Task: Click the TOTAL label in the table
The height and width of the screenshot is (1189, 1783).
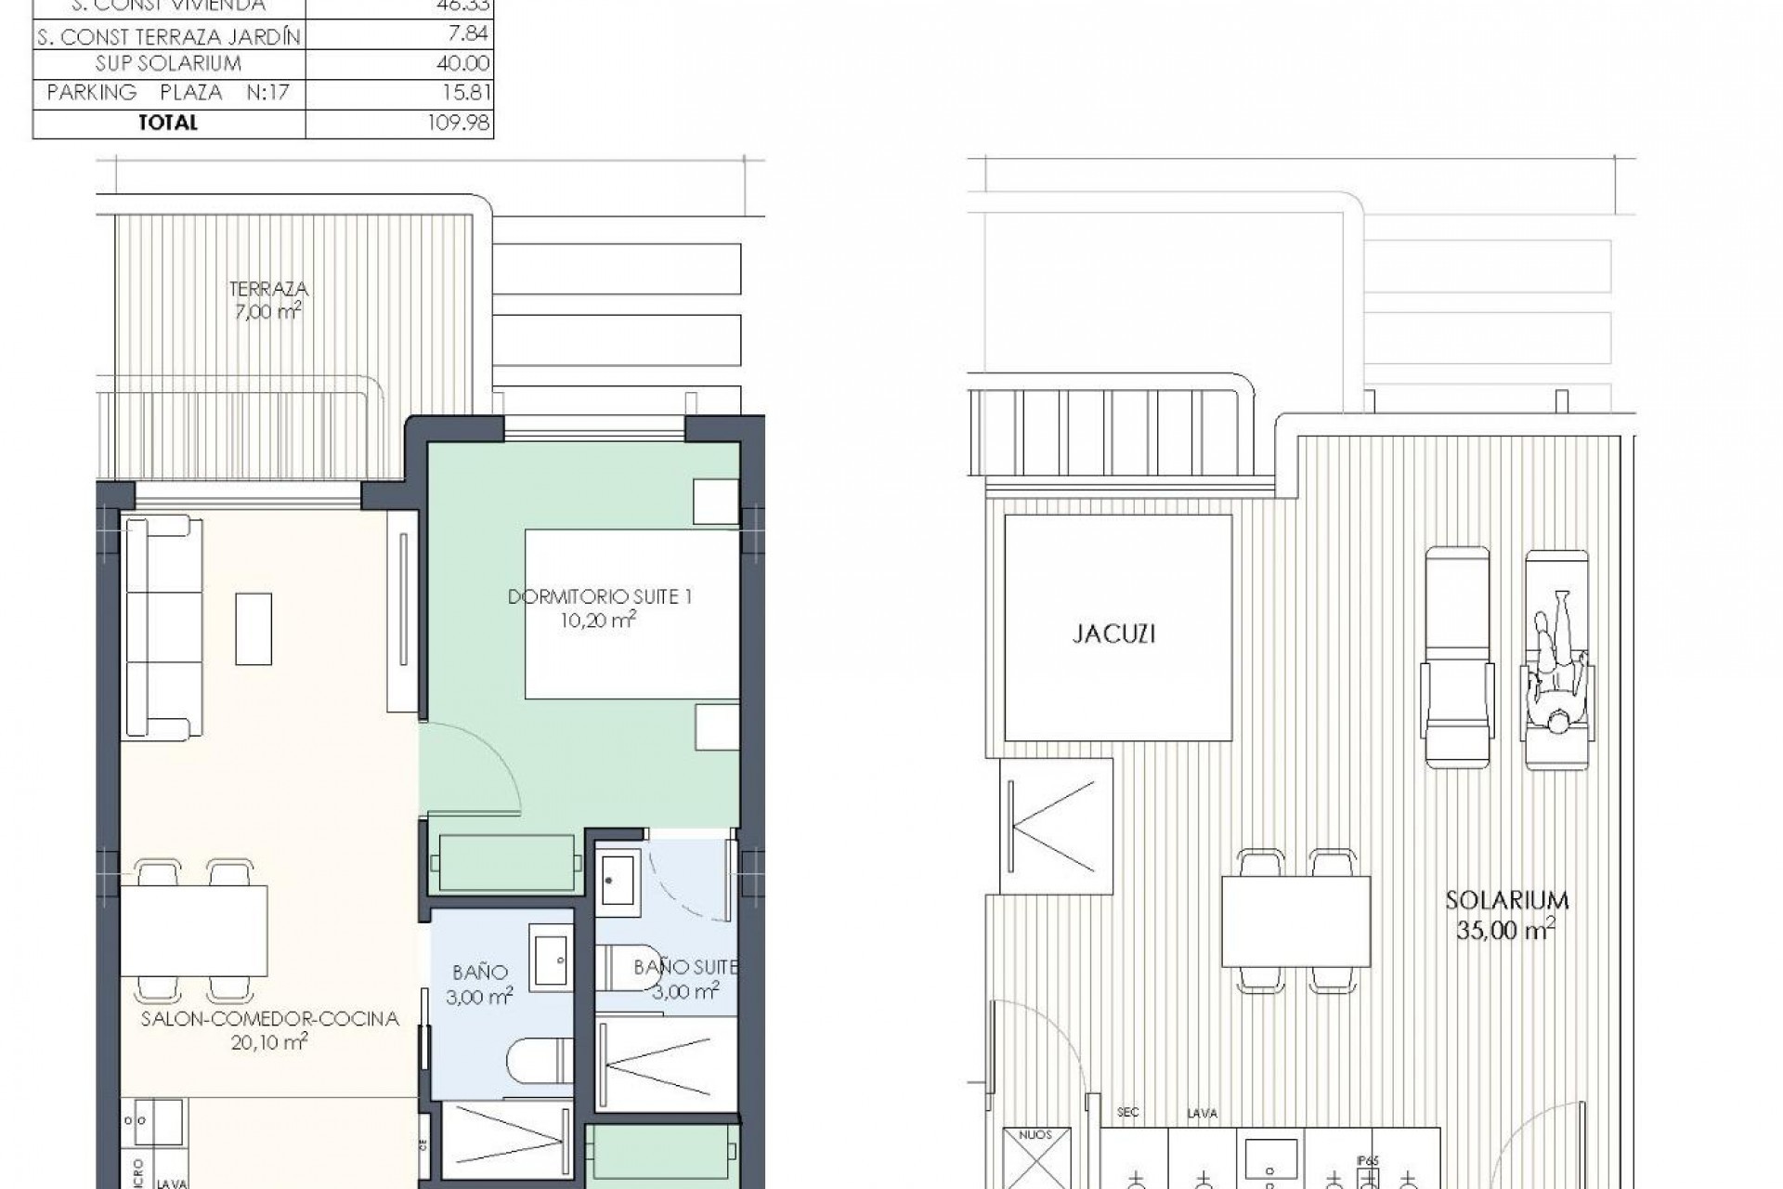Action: (x=168, y=123)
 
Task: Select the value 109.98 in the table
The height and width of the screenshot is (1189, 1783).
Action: (x=459, y=123)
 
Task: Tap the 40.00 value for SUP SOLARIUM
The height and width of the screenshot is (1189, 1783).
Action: (x=463, y=63)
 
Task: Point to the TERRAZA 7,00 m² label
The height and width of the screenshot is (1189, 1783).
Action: (x=267, y=301)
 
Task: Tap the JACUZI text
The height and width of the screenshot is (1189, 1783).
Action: (x=1113, y=634)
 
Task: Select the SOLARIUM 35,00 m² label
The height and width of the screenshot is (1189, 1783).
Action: (x=1506, y=914)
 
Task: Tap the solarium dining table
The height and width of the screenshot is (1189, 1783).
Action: (x=1295, y=921)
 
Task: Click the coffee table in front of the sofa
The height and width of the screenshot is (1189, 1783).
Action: (x=254, y=629)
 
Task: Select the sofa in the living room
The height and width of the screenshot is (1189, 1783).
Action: (x=163, y=629)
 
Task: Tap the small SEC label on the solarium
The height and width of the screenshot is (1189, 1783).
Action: (x=1127, y=1112)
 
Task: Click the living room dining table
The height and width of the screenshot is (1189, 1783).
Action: (x=194, y=930)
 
